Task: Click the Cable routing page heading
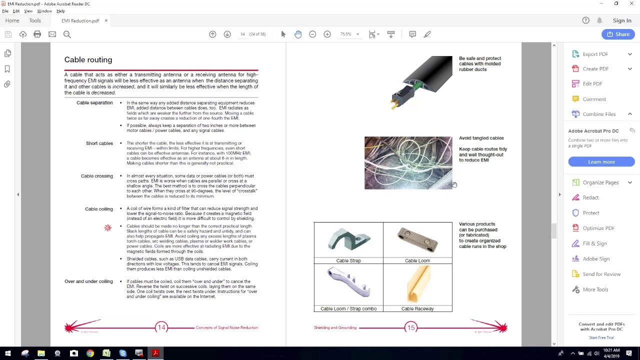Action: click(88, 60)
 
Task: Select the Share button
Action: click(618, 34)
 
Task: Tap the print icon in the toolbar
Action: click(37, 34)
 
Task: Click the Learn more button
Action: click(601, 162)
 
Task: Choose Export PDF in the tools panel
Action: click(595, 54)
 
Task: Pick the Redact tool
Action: click(590, 197)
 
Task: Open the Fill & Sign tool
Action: click(594, 243)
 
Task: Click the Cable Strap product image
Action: click(348, 240)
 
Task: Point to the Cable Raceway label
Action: click(417, 309)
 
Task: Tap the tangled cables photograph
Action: click(408, 163)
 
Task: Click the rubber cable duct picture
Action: click(421, 81)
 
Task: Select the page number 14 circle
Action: click(161, 327)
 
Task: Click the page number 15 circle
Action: click(410, 327)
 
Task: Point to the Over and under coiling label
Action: click(88, 281)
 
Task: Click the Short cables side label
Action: click(99, 143)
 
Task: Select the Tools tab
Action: click(35, 20)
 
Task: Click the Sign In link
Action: click(622, 20)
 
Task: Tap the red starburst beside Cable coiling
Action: click(107, 228)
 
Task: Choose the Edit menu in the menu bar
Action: click(16, 11)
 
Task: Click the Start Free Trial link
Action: click(601, 337)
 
